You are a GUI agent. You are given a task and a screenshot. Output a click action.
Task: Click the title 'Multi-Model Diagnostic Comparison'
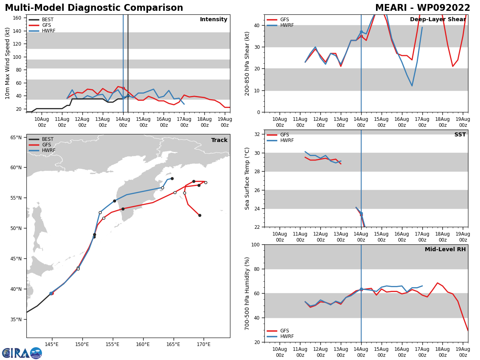click(x=94, y=8)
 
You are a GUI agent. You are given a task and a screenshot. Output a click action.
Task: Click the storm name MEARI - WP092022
click(x=422, y=8)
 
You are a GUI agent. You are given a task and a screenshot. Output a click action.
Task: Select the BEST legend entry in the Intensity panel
click(x=41, y=20)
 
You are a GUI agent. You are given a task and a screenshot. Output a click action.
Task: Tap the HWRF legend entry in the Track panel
click(x=42, y=150)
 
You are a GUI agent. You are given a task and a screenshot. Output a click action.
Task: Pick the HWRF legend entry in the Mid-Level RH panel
click(x=280, y=336)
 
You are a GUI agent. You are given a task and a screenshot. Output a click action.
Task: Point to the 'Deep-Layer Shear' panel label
click(x=438, y=19)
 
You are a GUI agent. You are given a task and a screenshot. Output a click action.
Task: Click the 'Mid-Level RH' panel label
click(x=445, y=249)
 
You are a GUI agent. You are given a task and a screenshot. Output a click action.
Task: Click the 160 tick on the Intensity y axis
click(x=17, y=18)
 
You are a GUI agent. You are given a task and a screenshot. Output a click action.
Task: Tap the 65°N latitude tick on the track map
click(x=16, y=138)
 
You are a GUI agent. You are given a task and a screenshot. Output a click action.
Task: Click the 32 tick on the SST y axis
click(x=257, y=134)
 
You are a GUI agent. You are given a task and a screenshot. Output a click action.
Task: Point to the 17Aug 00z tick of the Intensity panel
click(x=184, y=122)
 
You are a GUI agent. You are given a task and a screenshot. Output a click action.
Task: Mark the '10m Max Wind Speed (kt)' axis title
click(x=7, y=63)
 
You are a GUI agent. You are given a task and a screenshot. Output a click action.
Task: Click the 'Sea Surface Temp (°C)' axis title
click(x=247, y=178)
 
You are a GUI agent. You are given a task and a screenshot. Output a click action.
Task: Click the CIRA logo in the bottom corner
click(x=22, y=353)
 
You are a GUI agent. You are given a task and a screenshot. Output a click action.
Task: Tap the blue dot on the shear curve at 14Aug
click(x=361, y=32)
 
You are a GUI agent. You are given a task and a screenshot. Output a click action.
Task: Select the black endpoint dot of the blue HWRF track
click(x=172, y=178)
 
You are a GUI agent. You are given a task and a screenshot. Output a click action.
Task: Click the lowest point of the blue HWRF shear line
click(x=412, y=86)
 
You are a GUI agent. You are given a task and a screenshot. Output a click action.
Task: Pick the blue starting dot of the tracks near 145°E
click(x=51, y=293)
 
